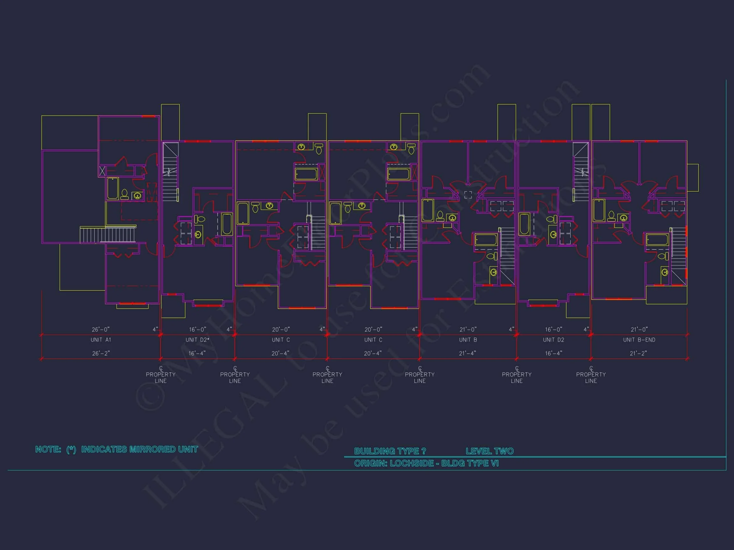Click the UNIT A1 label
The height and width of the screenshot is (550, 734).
pos(101,340)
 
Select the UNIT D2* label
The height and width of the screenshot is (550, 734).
pos(198,340)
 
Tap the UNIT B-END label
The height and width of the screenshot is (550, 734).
pos(639,340)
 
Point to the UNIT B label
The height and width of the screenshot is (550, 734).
pos(468,340)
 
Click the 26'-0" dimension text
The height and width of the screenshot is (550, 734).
pos(101,329)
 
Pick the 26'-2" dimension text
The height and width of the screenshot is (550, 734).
pos(101,353)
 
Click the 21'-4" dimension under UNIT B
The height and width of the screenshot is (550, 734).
pos(468,353)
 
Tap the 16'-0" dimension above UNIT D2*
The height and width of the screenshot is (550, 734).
pos(198,329)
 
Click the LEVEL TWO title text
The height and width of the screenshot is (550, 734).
pos(489,451)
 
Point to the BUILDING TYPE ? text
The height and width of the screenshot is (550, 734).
pos(390,451)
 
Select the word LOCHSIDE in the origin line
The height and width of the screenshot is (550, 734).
pos(412,463)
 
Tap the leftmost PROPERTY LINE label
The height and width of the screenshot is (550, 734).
pos(161,377)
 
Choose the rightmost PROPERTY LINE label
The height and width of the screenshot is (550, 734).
pos(591,377)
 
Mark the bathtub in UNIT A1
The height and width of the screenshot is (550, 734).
pos(113,189)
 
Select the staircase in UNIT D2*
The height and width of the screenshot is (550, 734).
pos(170,173)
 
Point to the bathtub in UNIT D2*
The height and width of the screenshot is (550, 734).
pos(227,224)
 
